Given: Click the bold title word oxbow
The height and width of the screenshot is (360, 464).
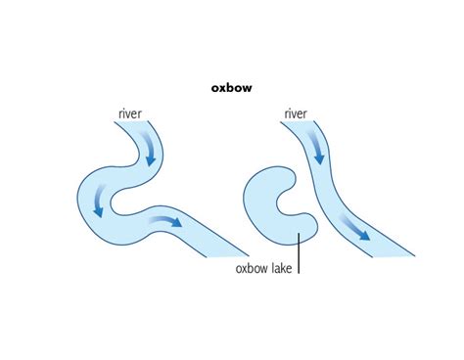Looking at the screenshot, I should pos(231,88).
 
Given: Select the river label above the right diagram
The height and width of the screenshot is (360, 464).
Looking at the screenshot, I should pos(296,114).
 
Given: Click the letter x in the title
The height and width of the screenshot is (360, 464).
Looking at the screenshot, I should pos(223,88).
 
